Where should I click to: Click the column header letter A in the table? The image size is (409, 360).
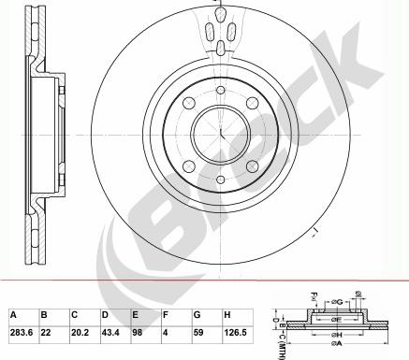point(12,315)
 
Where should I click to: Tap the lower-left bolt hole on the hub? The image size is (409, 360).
point(188,166)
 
